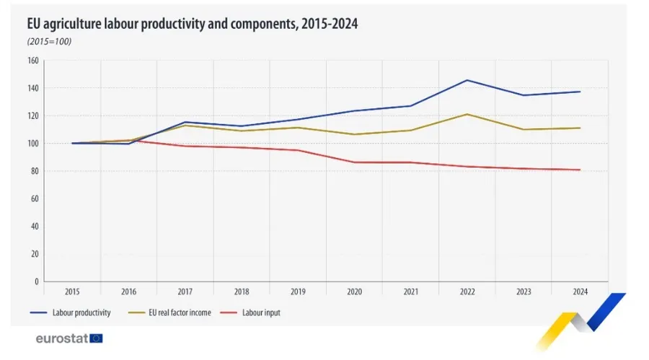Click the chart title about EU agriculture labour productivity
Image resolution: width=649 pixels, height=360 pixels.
coord(193,24)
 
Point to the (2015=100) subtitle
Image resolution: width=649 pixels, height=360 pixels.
coord(49,40)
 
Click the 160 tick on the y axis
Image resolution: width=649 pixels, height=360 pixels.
coord(32,61)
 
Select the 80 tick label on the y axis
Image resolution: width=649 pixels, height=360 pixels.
coord(33,171)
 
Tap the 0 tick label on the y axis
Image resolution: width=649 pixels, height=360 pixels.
coord(35,281)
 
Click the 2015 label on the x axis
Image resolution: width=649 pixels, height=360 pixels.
coord(72,291)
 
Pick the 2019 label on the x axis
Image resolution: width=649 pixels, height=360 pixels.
coord(298,291)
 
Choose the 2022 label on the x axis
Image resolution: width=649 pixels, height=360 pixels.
coord(467,291)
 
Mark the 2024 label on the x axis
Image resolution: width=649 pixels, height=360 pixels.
coord(580,291)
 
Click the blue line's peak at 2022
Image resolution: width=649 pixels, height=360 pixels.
coord(467,80)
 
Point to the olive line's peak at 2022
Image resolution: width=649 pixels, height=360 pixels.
coord(467,114)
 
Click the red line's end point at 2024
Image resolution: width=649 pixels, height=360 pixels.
coord(580,170)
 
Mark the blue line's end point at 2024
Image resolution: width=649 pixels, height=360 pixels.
coord(580,92)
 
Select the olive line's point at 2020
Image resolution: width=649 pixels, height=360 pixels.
coord(354,134)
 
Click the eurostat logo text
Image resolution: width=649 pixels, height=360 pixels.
coord(62,338)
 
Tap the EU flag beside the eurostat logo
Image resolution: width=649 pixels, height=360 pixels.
coord(96,338)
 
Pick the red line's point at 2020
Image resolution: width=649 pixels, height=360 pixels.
coord(354,162)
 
